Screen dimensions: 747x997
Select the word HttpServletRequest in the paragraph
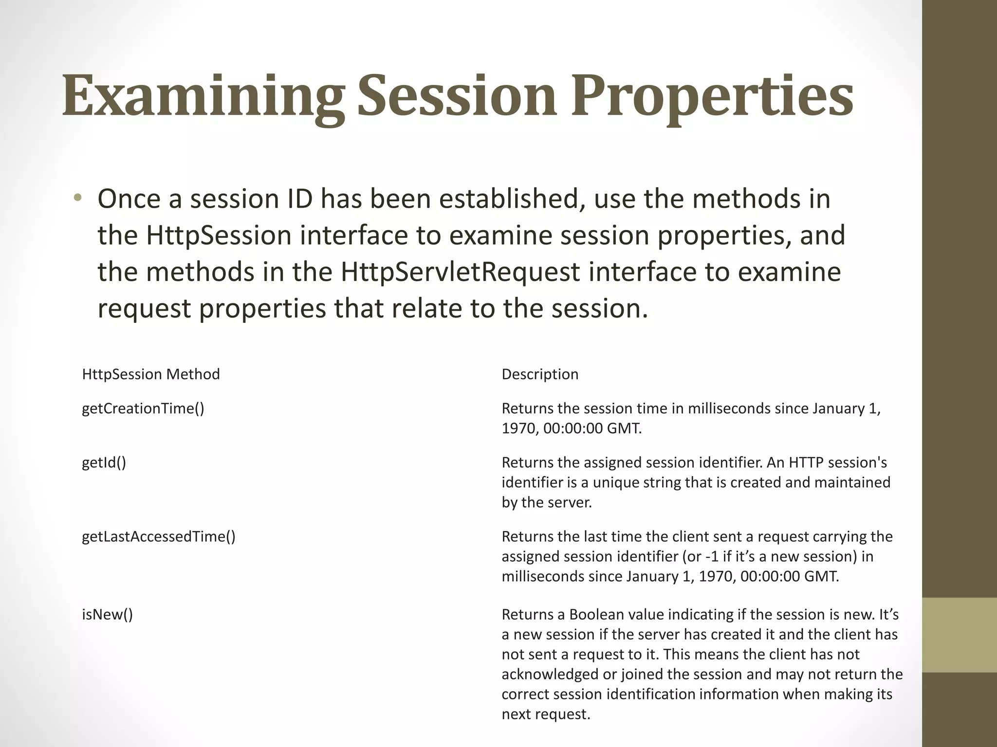pos(460,272)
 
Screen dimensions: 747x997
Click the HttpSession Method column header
pos(151,374)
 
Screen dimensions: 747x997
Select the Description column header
pos(540,374)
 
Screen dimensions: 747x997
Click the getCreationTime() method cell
pos(143,409)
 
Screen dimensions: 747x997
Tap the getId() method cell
pos(104,462)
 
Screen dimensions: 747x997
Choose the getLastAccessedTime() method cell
pos(159,536)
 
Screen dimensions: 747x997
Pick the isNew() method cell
pos(107,615)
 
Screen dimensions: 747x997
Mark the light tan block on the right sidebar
pos(959,635)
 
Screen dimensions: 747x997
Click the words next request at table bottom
pos(545,714)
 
